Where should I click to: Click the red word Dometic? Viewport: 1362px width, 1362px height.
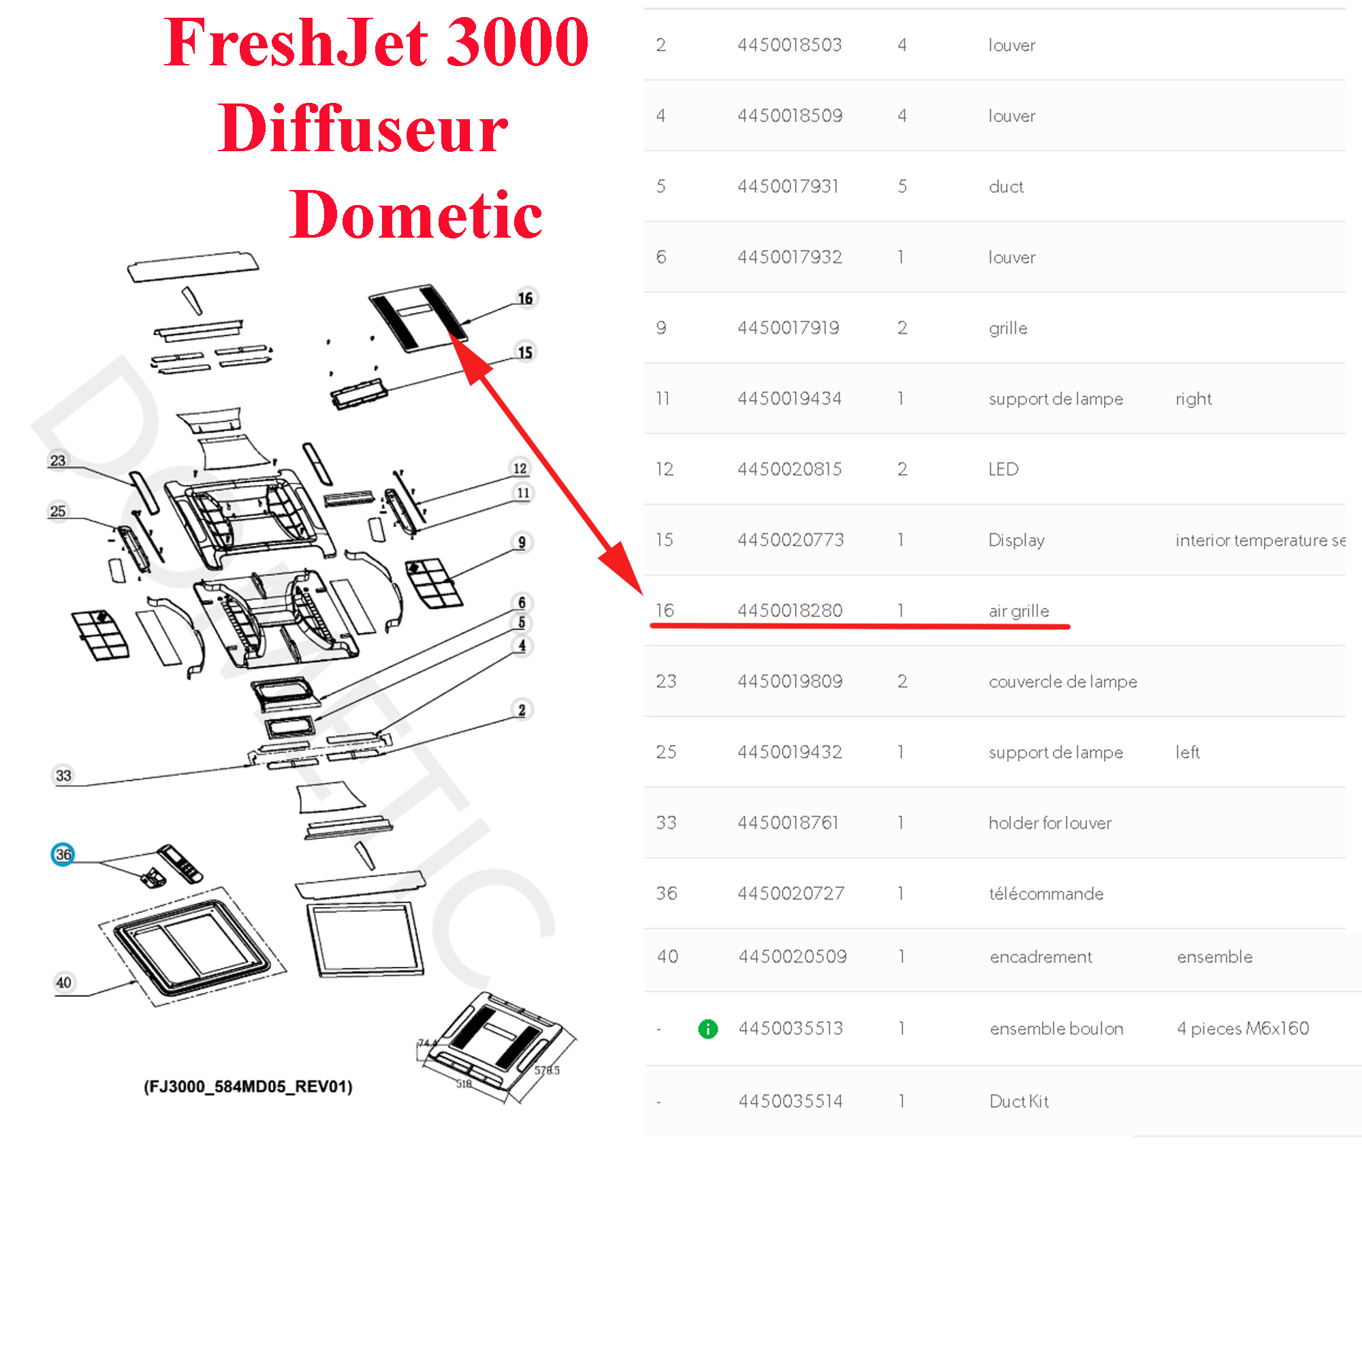[415, 215]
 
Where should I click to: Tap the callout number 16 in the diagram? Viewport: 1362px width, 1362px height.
[525, 298]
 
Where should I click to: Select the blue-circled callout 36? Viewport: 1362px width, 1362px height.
[63, 855]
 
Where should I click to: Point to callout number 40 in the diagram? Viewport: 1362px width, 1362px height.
[63, 983]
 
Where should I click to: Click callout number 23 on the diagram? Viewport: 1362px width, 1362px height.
[58, 460]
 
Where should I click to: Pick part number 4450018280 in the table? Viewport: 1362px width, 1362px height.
[789, 610]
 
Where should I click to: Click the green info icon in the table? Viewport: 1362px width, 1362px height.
[708, 1029]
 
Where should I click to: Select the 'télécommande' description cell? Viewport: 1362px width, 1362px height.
[1046, 894]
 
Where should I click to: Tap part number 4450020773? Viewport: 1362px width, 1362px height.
[790, 540]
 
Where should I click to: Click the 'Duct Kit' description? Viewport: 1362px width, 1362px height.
[1019, 1101]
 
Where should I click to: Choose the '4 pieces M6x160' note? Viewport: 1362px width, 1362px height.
[1243, 1028]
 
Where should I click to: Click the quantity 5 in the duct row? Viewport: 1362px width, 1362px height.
[902, 187]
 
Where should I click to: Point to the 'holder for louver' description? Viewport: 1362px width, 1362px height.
[1049, 823]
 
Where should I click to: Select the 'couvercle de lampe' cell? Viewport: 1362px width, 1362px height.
[1062, 682]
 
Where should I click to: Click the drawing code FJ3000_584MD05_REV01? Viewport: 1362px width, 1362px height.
[248, 1086]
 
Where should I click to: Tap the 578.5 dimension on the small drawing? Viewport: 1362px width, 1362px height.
[546, 1070]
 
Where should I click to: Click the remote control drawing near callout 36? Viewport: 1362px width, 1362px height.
[180, 862]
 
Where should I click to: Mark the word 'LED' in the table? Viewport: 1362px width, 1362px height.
[1003, 469]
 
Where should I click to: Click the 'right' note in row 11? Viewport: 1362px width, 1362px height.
[1193, 399]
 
